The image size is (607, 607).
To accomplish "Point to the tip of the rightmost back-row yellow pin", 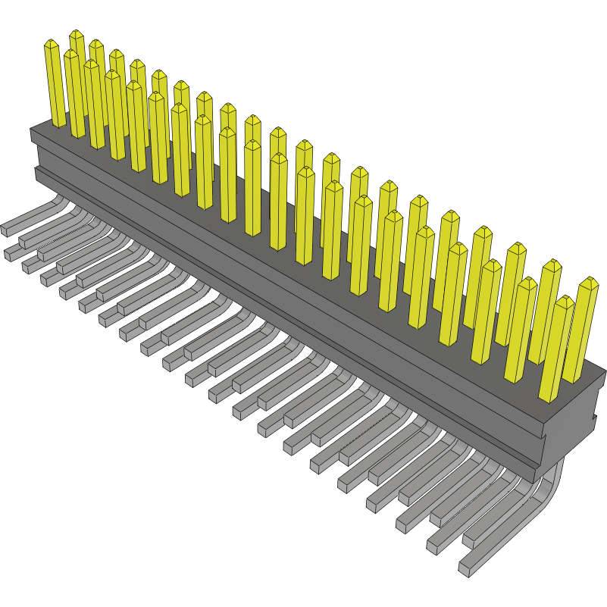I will [x=589, y=280].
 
